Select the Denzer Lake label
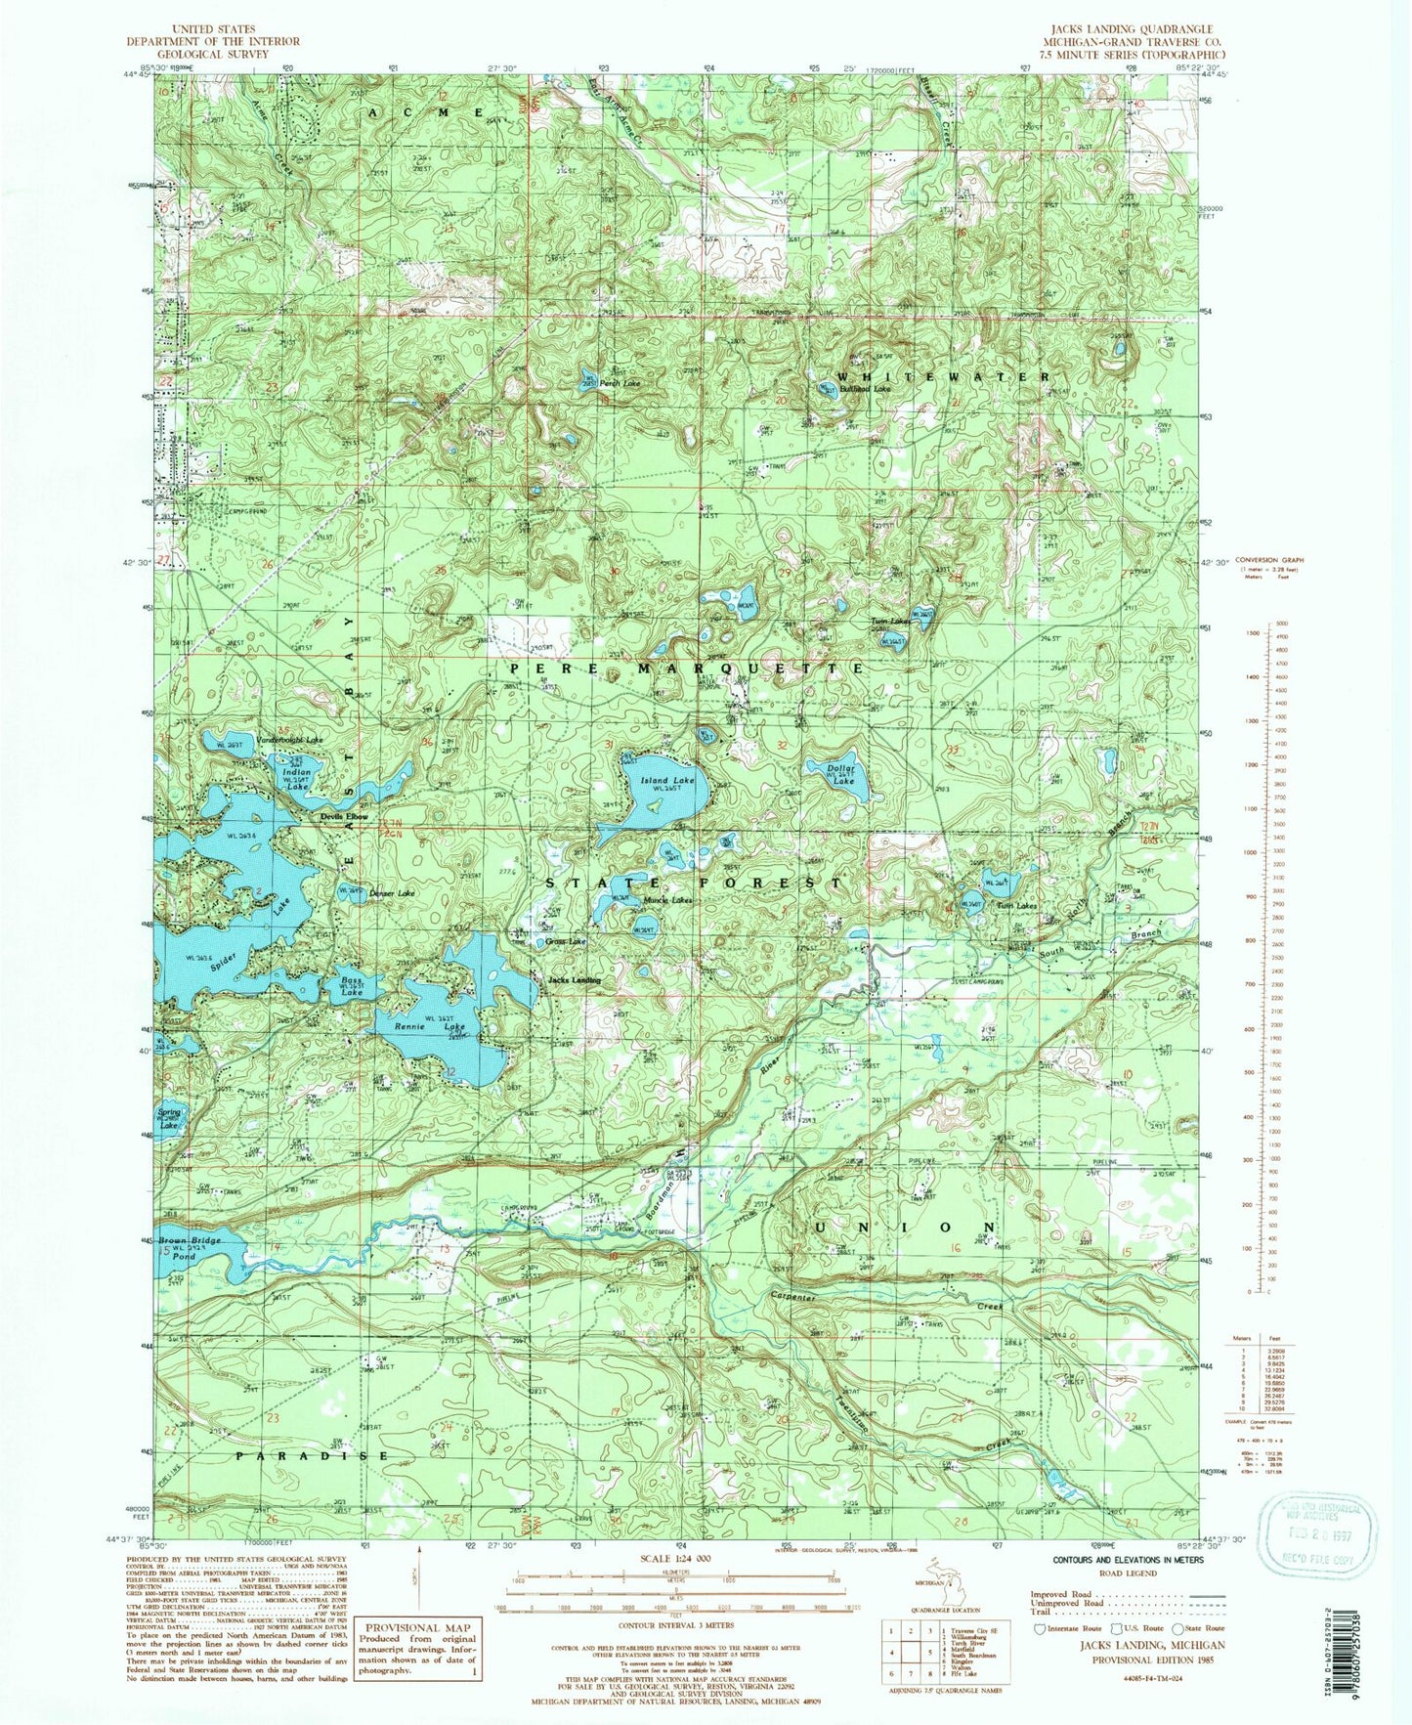click(x=392, y=893)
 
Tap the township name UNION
click(x=903, y=1227)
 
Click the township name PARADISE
click(x=312, y=1455)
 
